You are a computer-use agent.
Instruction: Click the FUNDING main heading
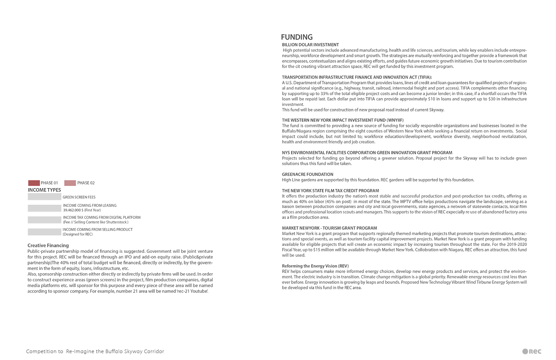coord(297,37)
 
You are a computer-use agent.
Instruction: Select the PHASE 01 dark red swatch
coord(34,183)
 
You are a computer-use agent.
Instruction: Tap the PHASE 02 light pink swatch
coord(70,183)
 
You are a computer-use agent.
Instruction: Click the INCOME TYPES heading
coord(45,190)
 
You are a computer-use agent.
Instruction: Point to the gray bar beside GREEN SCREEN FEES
coord(44,197)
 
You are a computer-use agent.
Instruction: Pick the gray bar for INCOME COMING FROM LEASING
coord(44,208)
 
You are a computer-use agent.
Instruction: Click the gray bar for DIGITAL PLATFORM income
coord(44,220)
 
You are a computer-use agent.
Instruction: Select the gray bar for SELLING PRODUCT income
coord(44,232)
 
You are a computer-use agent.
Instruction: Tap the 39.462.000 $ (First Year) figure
coord(82,210)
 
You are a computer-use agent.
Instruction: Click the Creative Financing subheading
coord(48,245)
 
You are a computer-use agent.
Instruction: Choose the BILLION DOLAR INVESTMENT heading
coord(310,45)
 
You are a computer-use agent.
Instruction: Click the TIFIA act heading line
coord(357,77)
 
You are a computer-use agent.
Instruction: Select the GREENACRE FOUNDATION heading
coord(308,174)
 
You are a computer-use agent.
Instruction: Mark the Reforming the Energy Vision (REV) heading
coord(315,265)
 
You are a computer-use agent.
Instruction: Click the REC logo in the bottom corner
coord(531,351)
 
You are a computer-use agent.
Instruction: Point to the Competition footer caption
coord(95,351)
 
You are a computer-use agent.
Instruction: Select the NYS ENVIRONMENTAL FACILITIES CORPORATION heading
coord(367,153)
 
